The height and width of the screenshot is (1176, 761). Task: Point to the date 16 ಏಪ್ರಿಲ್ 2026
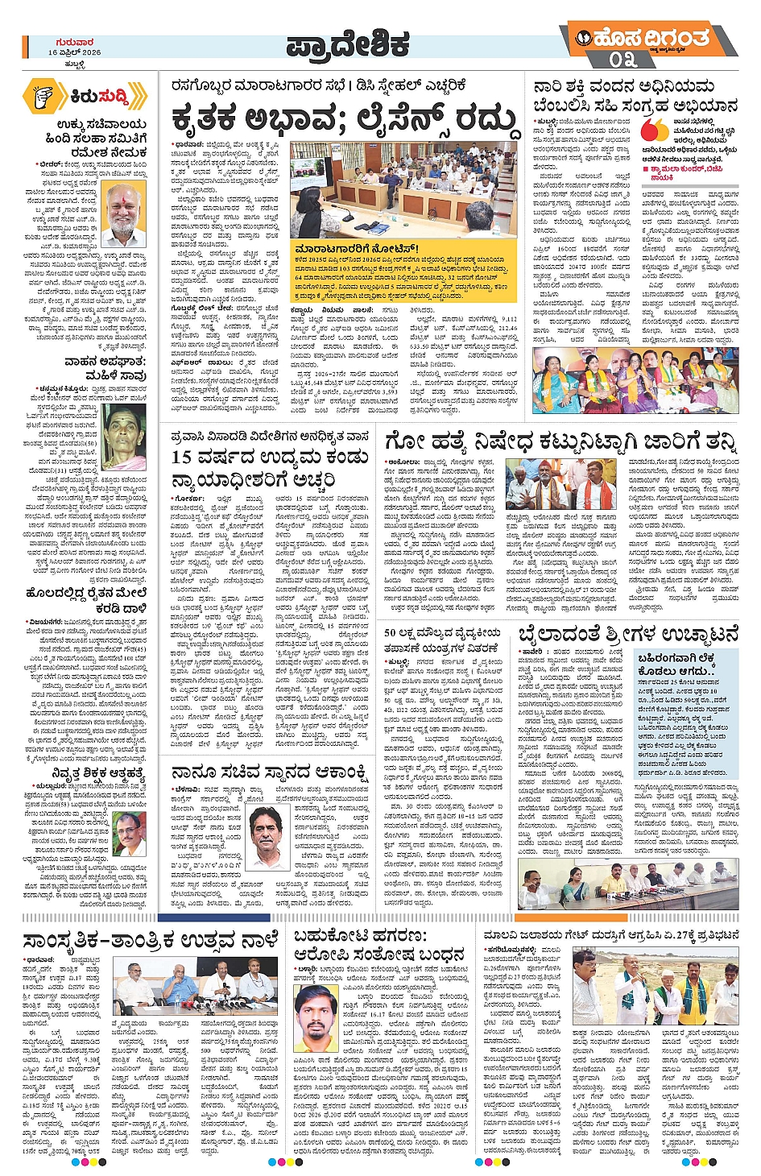74,52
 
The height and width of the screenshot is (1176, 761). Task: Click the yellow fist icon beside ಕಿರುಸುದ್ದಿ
43,97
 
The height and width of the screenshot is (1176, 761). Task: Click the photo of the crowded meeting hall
403,189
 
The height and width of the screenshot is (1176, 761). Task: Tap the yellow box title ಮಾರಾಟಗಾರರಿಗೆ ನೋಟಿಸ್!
357,249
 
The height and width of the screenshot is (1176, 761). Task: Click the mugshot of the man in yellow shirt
316,1012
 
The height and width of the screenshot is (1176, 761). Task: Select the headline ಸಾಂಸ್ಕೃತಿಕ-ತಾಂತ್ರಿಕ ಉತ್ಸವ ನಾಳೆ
151,940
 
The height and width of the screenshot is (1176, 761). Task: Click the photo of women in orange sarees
635,379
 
